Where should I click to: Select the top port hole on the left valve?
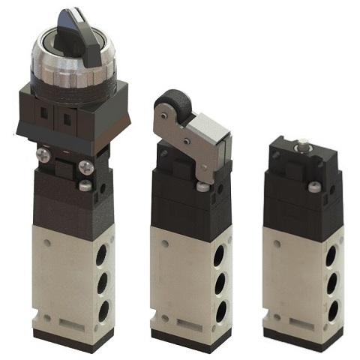101,256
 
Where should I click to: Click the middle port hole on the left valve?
102,283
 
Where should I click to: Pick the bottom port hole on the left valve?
103,310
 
